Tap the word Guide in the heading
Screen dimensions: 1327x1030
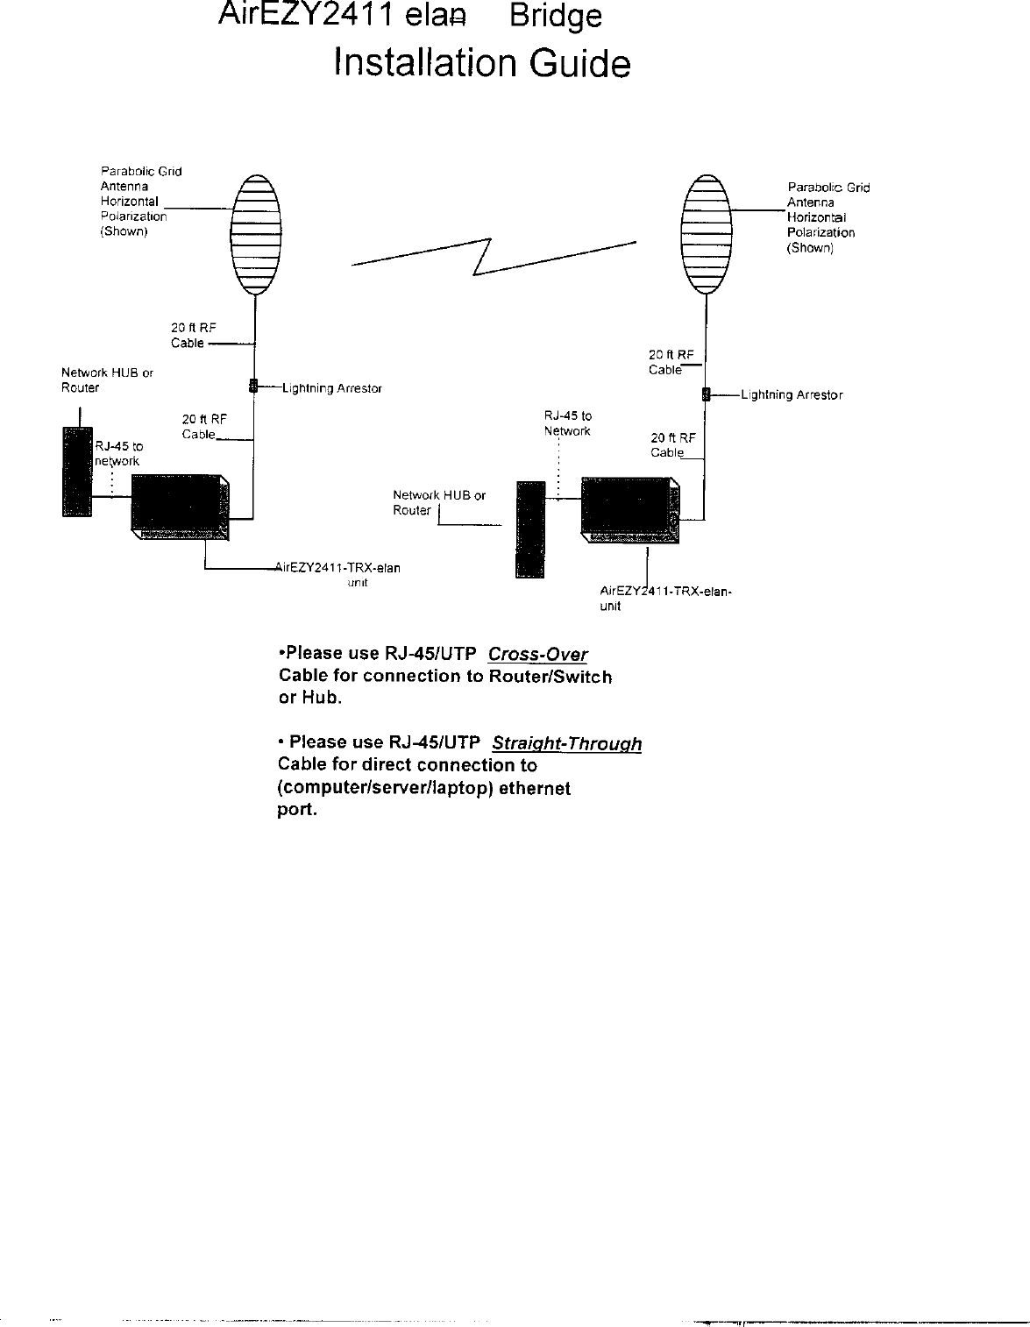pos(581,64)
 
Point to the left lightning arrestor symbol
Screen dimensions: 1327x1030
pos(252,386)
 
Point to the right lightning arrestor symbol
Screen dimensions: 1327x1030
pos(705,394)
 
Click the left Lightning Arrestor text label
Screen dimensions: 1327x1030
pos(331,388)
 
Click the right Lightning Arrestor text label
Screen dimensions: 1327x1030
pos(792,395)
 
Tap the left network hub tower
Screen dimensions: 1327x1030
pos(77,471)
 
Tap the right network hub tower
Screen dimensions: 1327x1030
pos(530,529)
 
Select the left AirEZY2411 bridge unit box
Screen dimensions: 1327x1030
pos(181,505)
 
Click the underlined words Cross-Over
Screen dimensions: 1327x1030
pos(537,654)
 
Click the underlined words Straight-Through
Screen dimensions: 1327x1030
pos(566,744)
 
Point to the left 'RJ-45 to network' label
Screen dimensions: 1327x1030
pos(118,454)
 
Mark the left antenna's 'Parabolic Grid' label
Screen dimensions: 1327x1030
pos(141,172)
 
